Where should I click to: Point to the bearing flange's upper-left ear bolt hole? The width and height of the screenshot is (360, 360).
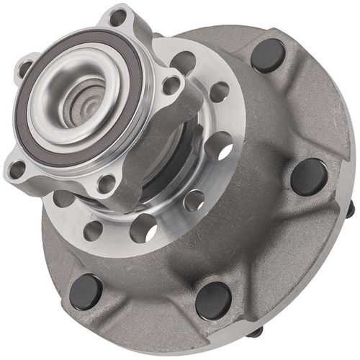pos(26,68)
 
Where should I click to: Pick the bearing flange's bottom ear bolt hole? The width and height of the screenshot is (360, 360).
pos(106,181)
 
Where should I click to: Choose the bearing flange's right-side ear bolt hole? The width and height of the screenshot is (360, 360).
pos(172,85)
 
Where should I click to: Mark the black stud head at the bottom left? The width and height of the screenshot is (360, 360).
pos(86,291)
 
